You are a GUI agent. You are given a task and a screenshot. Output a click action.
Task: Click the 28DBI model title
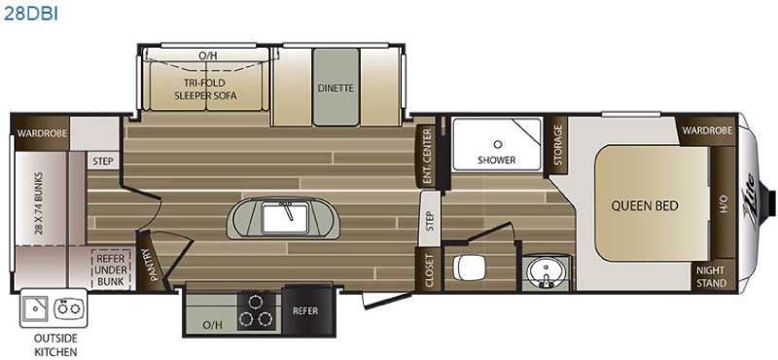point(31,14)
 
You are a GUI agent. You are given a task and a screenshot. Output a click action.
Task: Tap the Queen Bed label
point(645,205)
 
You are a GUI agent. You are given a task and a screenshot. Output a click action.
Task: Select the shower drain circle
point(497,144)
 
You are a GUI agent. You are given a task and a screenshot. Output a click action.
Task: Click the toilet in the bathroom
point(469,269)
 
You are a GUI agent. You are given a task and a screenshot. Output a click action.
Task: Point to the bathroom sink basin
point(545,272)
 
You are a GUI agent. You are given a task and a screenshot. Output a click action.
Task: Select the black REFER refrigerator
point(306,310)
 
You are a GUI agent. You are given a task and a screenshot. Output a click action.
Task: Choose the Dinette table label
point(336,88)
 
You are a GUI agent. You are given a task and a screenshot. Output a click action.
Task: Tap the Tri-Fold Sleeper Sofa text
point(205,89)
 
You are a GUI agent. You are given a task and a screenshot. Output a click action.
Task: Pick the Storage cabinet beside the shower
point(556,146)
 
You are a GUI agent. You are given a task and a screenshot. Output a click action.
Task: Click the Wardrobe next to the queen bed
point(707,130)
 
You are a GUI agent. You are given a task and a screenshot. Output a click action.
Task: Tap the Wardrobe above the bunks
point(42,133)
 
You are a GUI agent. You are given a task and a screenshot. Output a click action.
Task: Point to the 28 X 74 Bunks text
point(39,203)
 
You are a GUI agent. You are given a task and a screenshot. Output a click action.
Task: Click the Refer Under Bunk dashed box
point(111,269)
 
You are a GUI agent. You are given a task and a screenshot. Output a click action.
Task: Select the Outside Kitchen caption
point(55,345)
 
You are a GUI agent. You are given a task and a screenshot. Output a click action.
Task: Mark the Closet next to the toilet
point(429,269)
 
